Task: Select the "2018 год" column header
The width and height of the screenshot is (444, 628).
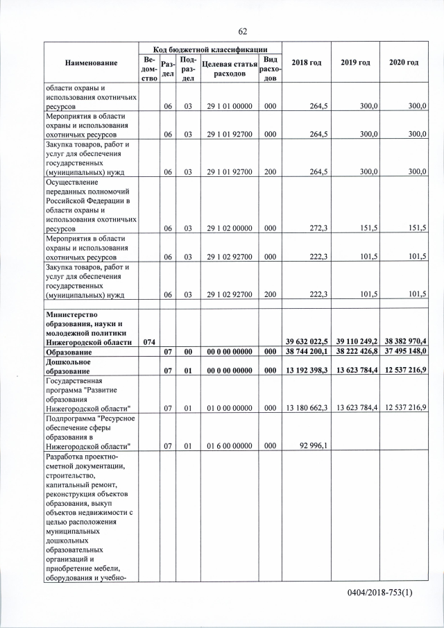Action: tap(306, 63)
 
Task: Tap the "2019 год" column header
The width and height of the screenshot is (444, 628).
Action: tap(355, 63)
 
